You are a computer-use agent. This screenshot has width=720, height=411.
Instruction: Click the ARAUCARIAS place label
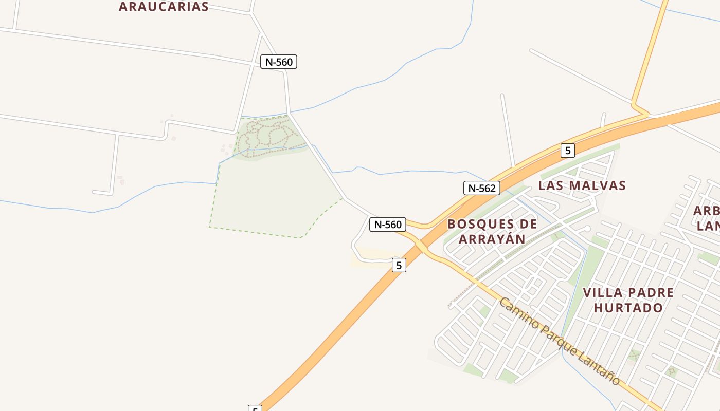[x=164, y=7]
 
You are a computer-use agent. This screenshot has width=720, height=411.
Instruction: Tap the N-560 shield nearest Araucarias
[x=279, y=62]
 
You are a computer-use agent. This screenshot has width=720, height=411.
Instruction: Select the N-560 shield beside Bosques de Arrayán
[x=388, y=225]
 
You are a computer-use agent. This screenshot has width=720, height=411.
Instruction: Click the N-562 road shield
[x=482, y=188]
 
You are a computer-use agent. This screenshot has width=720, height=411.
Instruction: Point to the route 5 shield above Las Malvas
[x=567, y=151]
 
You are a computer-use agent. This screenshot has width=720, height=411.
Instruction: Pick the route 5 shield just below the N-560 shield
[x=399, y=265]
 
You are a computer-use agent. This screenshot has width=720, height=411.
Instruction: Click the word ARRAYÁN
[x=492, y=239]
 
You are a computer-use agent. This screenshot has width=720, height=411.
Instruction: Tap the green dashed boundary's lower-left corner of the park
[x=209, y=227]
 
